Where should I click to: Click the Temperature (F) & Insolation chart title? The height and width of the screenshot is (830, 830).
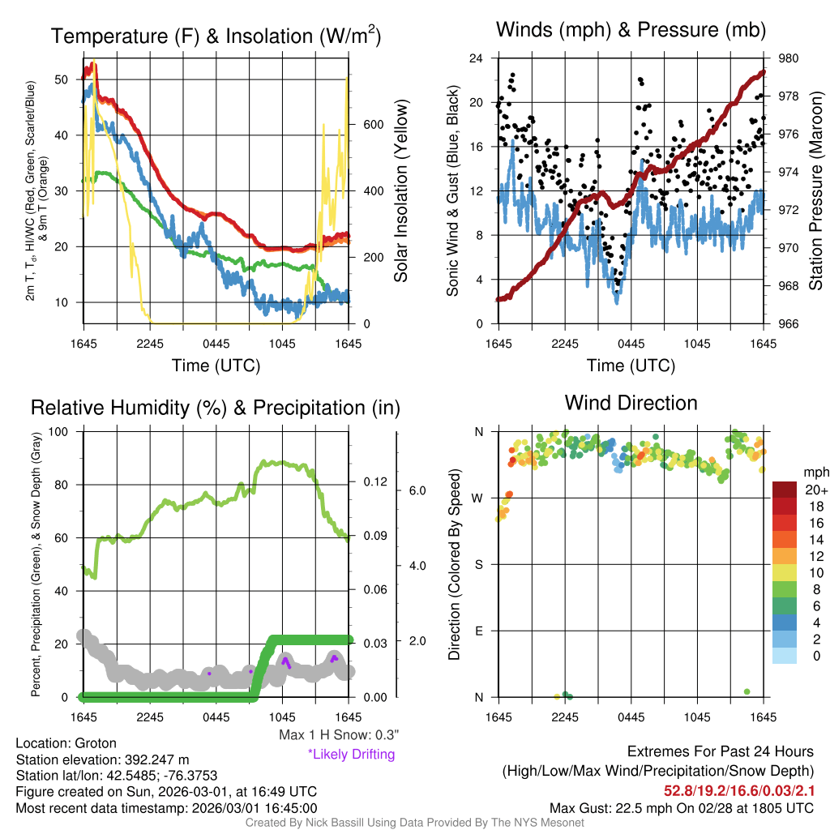click(x=216, y=36)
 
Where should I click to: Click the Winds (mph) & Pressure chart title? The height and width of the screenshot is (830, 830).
click(x=631, y=30)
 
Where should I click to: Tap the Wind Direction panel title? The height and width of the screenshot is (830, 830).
click(x=631, y=402)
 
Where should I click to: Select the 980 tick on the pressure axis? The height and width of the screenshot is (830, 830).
click(x=789, y=58)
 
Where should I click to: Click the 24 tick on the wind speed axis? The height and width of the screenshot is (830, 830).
click(x=477, y=58)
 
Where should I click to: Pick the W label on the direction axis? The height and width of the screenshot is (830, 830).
click(x=478, y=498)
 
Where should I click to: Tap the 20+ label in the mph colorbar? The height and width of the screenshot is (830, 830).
click(x=815, y=490)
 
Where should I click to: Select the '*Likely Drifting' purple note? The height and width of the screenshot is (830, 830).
click(x=351, y=754)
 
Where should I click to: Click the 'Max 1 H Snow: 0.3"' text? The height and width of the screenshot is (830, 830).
click(x=338, y=734)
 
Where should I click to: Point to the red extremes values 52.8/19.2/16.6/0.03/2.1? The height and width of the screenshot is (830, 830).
click(x=739, y=789)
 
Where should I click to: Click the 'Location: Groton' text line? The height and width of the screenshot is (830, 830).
click(x=66, y=742)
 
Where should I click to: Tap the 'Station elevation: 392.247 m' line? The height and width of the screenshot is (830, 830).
click(x=102, y=759)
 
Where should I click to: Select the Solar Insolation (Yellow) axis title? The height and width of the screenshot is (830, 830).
click(x=401, y=190)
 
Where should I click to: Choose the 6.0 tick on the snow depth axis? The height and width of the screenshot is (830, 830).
click(x=416, y=490)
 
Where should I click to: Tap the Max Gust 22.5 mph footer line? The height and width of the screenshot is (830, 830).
click(x=681, y=807)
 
